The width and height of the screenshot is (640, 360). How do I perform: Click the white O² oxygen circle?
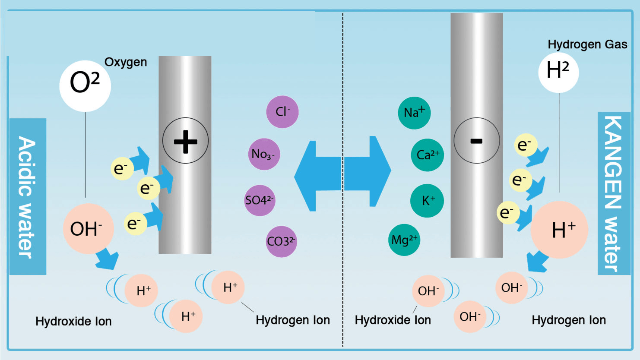click(x=85, y=86)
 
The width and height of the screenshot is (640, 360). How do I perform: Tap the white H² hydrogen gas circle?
click(x=558, y=73)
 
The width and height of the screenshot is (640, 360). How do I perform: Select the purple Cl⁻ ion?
click(x=282, y=112)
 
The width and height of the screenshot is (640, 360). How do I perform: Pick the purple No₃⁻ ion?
click(x=264, y=154)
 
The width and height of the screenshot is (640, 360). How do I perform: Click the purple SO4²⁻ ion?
click(x=260, y=200)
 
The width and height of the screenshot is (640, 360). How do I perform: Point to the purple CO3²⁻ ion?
click(x=282, y=242)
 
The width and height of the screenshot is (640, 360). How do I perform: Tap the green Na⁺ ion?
click(x=414, y=113)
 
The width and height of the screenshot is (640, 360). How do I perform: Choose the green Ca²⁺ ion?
click(x=428, y=155)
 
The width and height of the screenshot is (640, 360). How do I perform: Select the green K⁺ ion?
click(x=427, y=201)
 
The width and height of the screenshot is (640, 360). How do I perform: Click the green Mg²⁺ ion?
click(x=404, y=240)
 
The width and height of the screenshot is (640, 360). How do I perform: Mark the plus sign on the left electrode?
click(x=185, y=142)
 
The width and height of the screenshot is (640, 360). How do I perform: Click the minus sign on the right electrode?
click(x=476, y=141)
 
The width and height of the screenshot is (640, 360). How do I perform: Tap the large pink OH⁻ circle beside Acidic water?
click(x=88, y=229)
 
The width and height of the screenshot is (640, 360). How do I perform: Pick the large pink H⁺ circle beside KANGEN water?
click(x=559, y=230)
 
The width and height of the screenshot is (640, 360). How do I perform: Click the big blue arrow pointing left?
click(x=318, y=176)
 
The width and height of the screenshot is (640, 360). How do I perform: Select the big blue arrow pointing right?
click(x=368, y=171)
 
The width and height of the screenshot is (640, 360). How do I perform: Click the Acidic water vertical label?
click(x=28, y=197)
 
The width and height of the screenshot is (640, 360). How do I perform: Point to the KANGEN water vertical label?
click(x=614, y=193)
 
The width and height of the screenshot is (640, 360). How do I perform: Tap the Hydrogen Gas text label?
click(x=587, y=44)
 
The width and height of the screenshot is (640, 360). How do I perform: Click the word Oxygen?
click(x=126, y=62)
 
